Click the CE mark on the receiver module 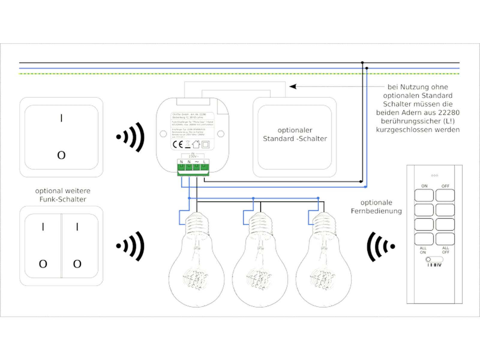click(178, 145)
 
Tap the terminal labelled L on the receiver click(204, 162)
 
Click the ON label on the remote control click(424, 186)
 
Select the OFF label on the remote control click(445, 186)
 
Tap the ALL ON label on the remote click(423, 250)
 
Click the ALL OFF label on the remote click(445, 250)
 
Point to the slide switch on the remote click(434, 259)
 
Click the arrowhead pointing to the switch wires click(293, 87)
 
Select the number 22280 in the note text click(447, 112)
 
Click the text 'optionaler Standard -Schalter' click(295, 134)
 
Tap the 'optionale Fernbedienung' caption click(376, 207)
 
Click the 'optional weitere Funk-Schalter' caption click(63, 195)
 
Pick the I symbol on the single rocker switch click(61, 118)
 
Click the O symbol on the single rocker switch click(61, 155)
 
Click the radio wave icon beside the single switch click(131, 137)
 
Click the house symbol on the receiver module click(196, 144)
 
